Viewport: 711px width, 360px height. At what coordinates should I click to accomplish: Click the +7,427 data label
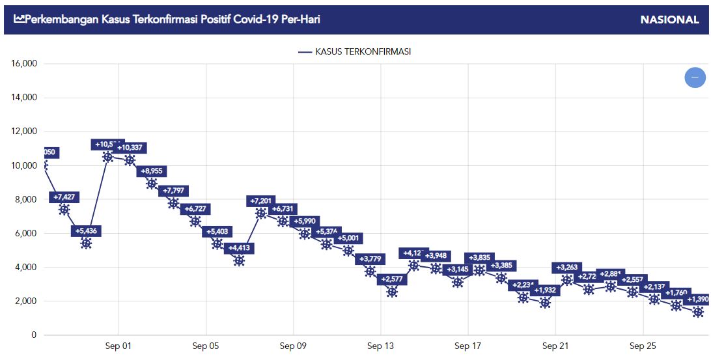pos(64,197)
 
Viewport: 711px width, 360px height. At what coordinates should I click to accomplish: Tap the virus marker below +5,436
pos(86,243)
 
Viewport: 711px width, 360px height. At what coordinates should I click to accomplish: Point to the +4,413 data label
pos(240,248)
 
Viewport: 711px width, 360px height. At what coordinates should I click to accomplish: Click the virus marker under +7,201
pos(261,213)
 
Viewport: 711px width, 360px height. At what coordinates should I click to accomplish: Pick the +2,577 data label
pos(392,279)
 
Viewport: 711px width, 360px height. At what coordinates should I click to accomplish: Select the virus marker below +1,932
pos(545,303)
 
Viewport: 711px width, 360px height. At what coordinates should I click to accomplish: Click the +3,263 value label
pos(567,268)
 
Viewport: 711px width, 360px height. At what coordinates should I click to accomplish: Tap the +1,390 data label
pos(698,299)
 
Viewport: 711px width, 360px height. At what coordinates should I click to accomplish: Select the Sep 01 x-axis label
pos(118,346)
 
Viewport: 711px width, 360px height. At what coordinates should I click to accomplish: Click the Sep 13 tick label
pos(381,346)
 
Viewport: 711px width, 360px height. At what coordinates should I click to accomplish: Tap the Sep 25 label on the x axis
pos(643,346)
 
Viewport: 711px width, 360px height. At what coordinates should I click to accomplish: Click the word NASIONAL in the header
pos(669,20)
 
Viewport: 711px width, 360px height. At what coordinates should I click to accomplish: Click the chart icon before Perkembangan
pos(19,20)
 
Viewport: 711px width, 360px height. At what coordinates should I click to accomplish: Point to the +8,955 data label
pos(152,171)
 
